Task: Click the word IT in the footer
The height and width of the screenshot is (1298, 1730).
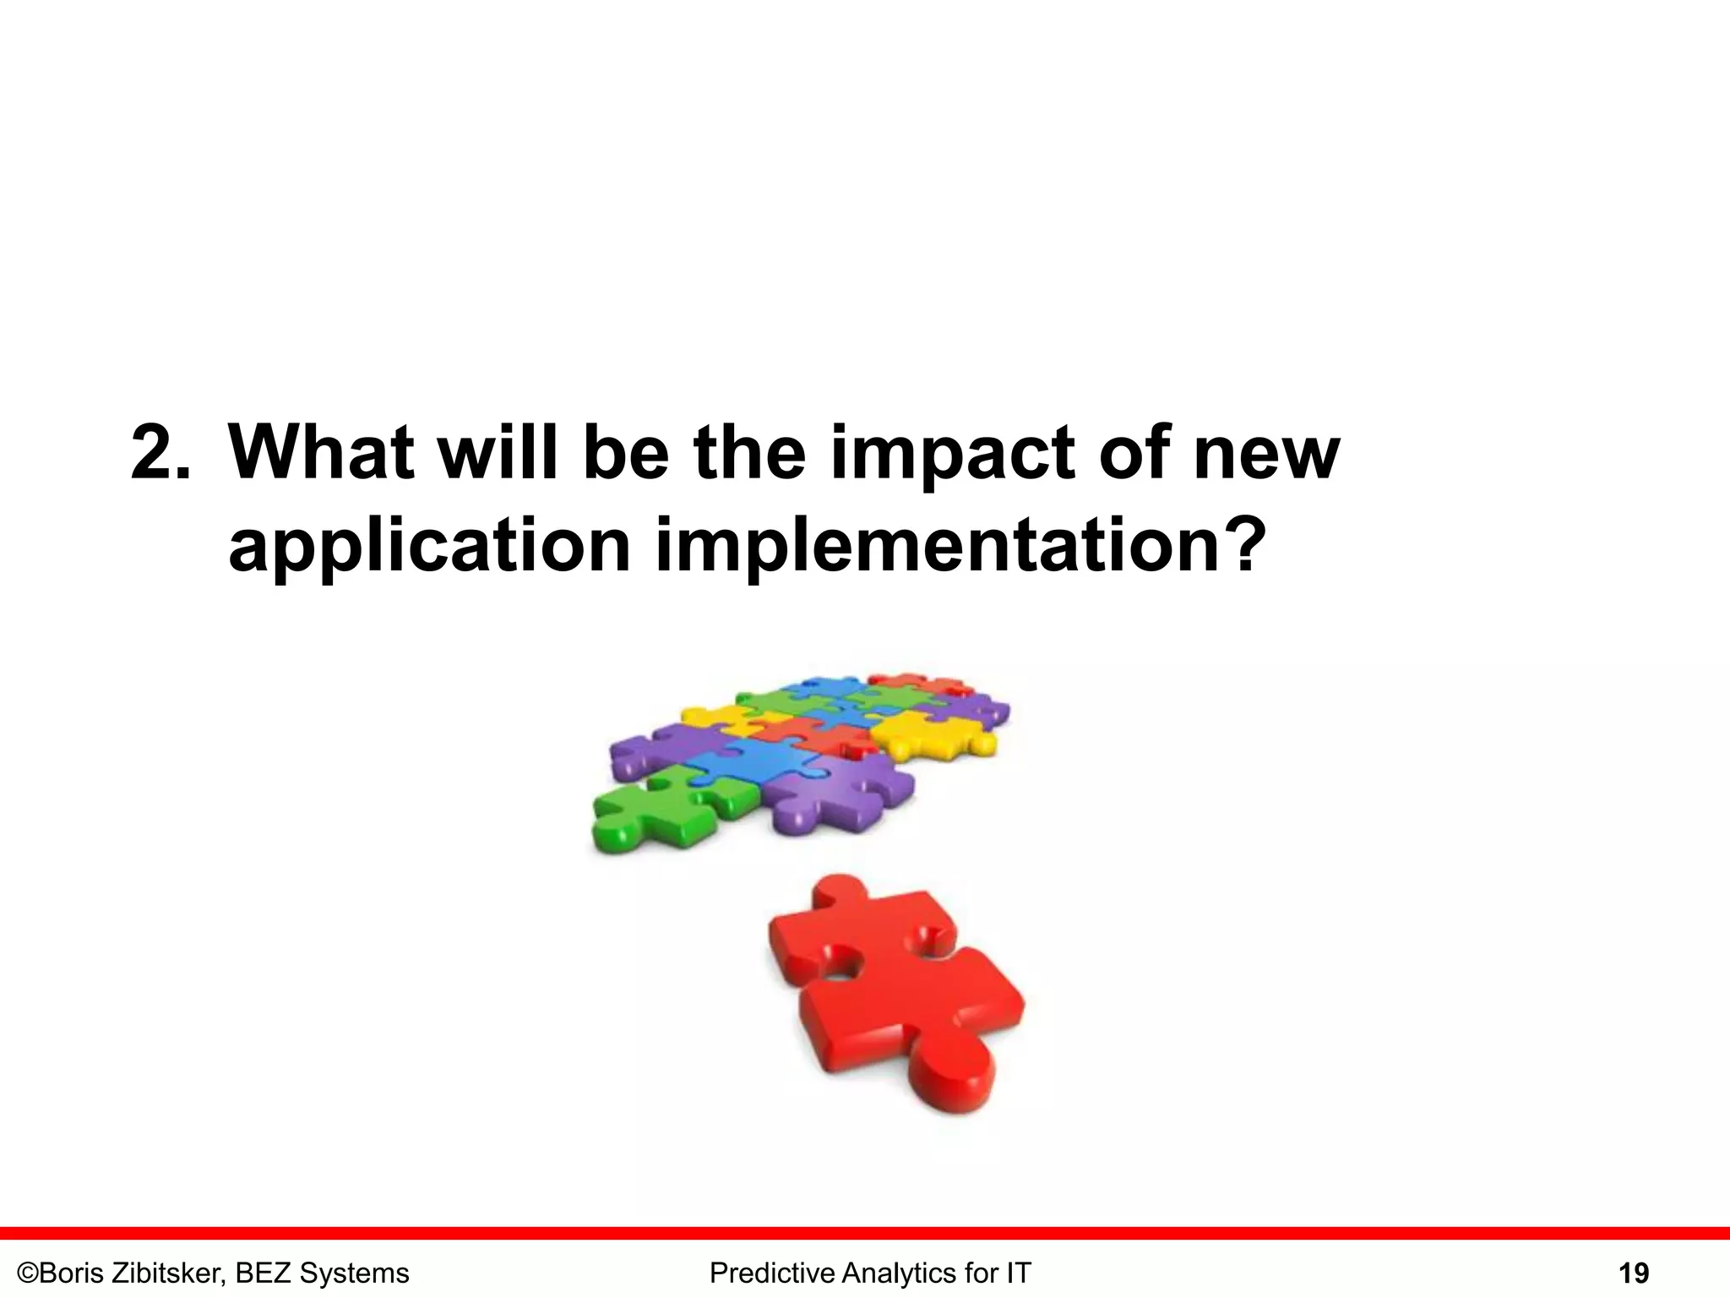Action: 1018,1273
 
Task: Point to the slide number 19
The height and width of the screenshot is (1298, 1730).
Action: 1634,1273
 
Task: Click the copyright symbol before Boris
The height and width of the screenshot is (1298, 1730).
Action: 28,1273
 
